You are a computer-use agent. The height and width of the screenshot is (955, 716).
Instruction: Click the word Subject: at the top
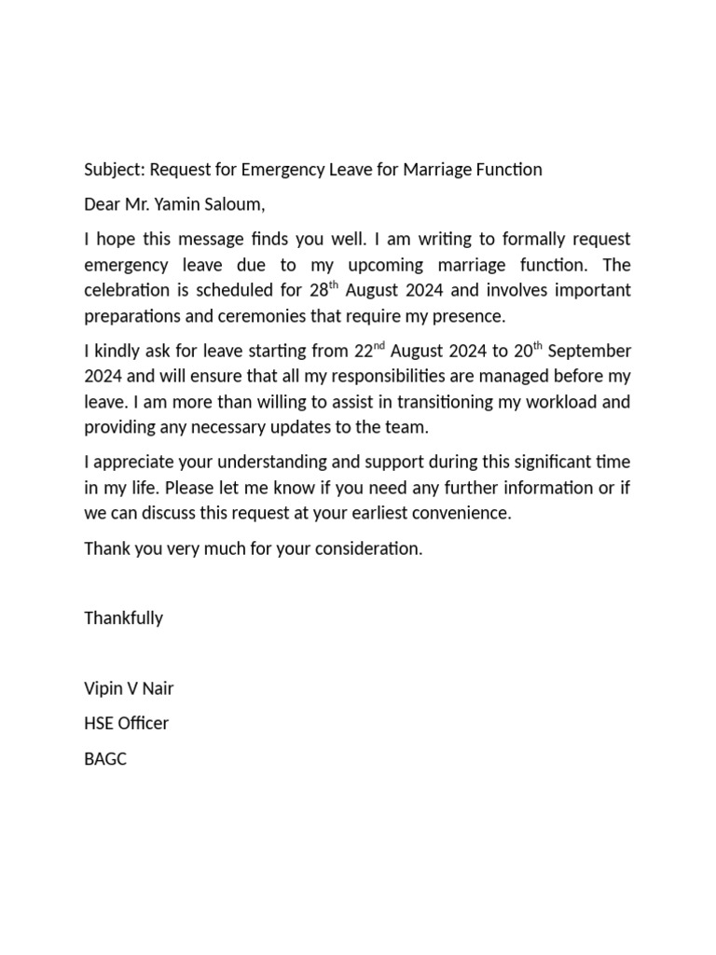115,170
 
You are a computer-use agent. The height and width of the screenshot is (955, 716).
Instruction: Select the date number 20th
527,352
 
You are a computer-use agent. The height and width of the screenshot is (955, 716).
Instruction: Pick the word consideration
368,548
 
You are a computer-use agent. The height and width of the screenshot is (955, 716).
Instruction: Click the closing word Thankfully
123,618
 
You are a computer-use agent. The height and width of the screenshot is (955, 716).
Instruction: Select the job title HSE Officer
126,724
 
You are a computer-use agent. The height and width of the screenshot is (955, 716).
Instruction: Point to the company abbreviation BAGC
104,759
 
